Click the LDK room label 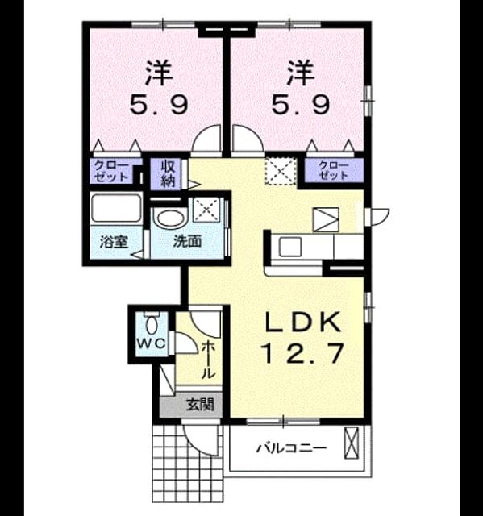pyautogui.click(x=302, y=322)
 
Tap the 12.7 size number pyautogui.click(x=302, y=353)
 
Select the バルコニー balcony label pyautogui.click(x=292, y=448)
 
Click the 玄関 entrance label pyautogui.click(x=200, y=405)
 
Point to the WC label pyautogui.click(x=151, y=343)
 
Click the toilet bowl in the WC pyautogui.click(x=152, y=323)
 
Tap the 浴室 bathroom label pyautogui.click(x=114, y=242)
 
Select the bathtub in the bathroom pyautogui.click(x=116, y=209)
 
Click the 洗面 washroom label pyautogui.click(x=187, y=242)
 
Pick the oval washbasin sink pyautogui.click(x=170, y=218)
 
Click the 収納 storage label pyautogui.click(x=168, y=173)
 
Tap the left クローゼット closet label pyautogui.click(x=111, y=172)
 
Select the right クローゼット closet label pyautogui.click(x=334, y=170)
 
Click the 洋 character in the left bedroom pyautogui.click(x=159, y=73)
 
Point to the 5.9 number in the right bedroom pyautogui.click(x=301, y=105)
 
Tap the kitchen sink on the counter pyautogui.click(x=290, y=248)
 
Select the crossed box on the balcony pyautogui.click(x=351, y=443)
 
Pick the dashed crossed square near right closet pyautogui.click(x=281, y=171)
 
